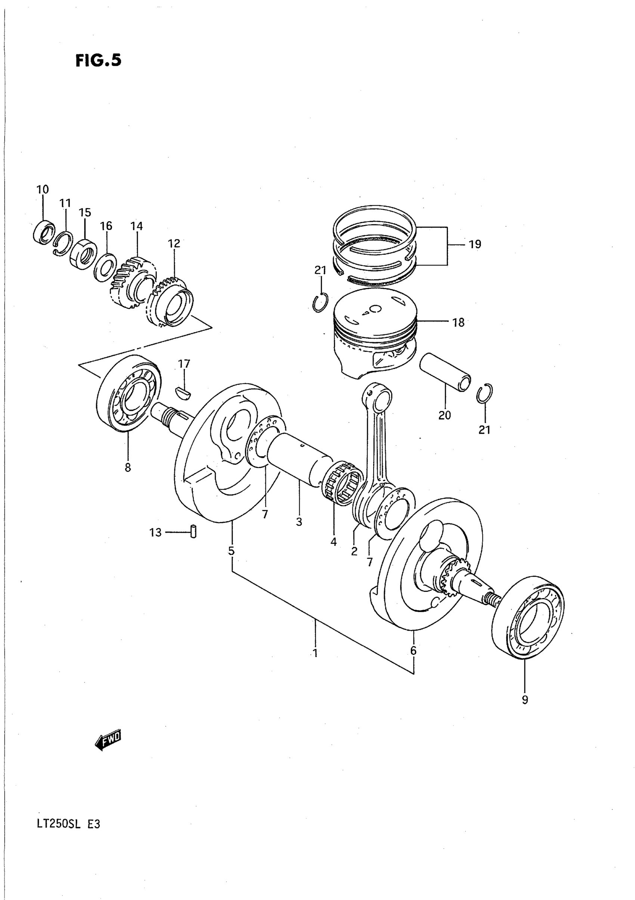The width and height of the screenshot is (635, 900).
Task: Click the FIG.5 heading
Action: [98, 61]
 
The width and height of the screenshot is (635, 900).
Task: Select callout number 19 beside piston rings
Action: [475, 244]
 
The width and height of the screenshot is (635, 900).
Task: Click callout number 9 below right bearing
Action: [525, 700]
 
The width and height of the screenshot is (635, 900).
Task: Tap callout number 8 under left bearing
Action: [128, 467]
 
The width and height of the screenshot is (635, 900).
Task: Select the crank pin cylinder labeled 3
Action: [300, 459]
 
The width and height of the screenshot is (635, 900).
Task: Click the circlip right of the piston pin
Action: [485, 393]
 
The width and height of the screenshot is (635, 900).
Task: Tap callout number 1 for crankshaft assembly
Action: [315, 653]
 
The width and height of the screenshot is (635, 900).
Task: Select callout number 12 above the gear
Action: [174, 244]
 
